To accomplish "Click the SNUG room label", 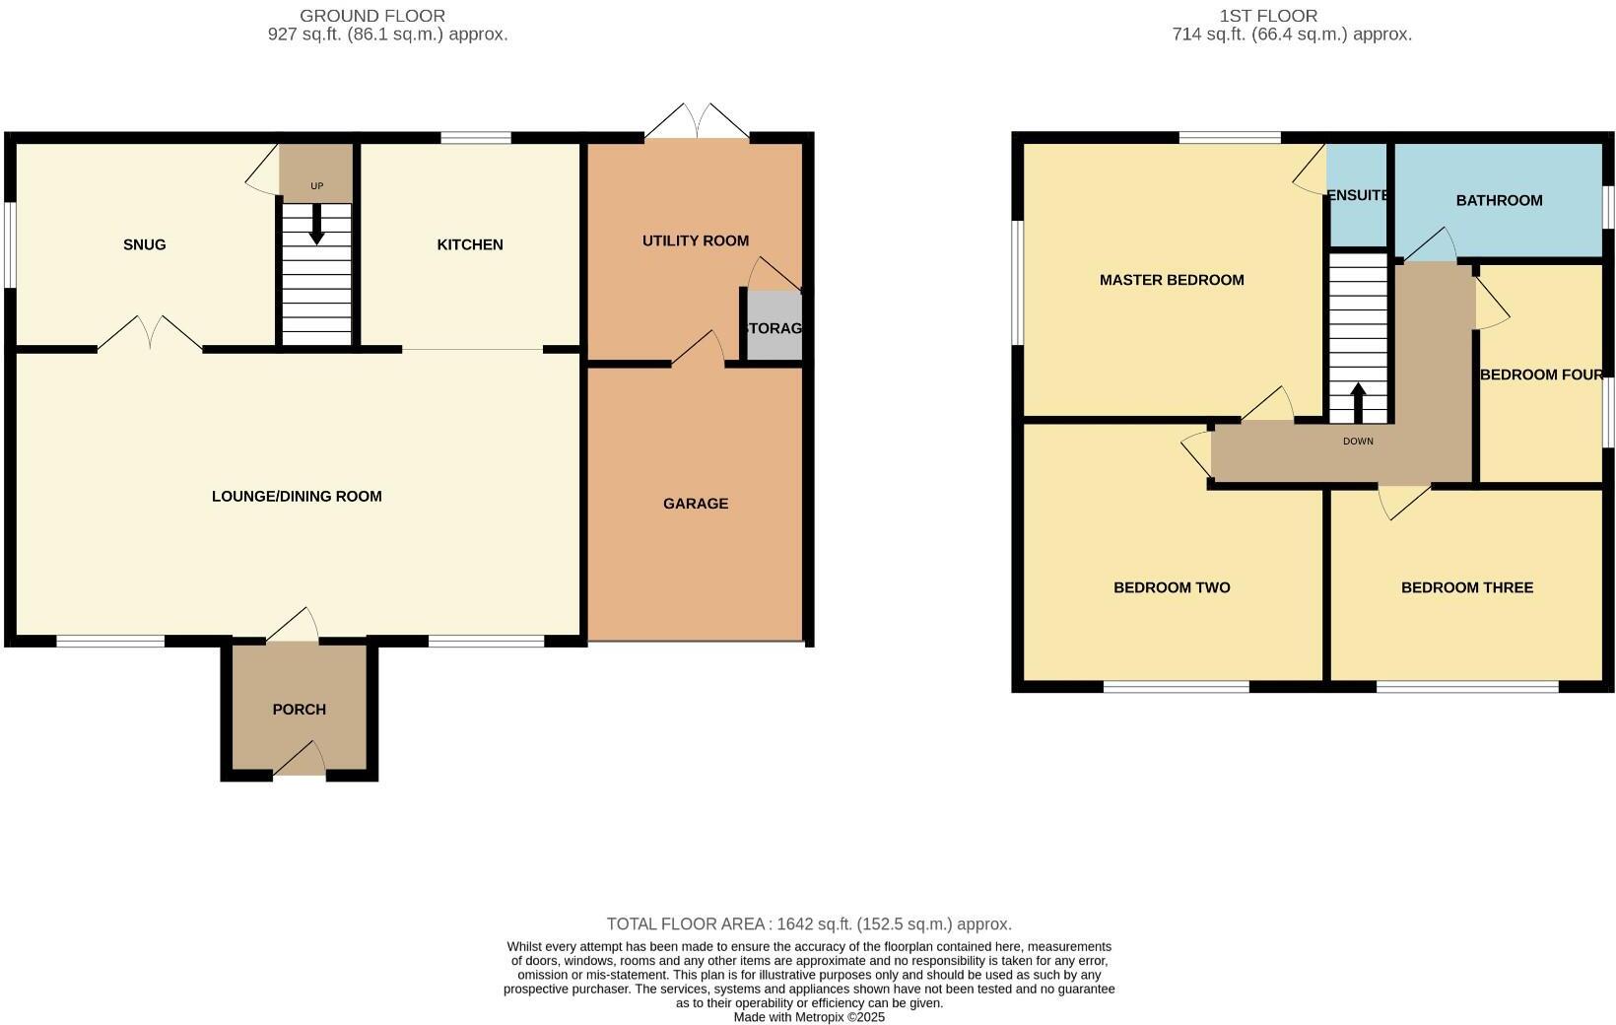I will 144,244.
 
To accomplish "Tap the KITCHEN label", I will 470,244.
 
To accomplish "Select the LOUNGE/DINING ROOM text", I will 297,496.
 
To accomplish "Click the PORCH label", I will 299,710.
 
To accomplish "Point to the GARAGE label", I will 696,504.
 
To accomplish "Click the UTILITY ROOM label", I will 696,240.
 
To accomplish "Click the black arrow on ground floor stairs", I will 316,225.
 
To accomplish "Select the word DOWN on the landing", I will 1358,442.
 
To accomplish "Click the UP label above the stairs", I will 316,186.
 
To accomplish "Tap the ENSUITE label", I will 1358,195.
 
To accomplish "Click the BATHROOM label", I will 1499,200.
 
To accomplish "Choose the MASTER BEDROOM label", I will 1172,280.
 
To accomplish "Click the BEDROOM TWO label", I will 1172,587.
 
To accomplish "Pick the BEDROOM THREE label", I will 1467,587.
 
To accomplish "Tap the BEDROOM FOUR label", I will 1541,375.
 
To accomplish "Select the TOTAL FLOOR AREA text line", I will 809,924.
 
